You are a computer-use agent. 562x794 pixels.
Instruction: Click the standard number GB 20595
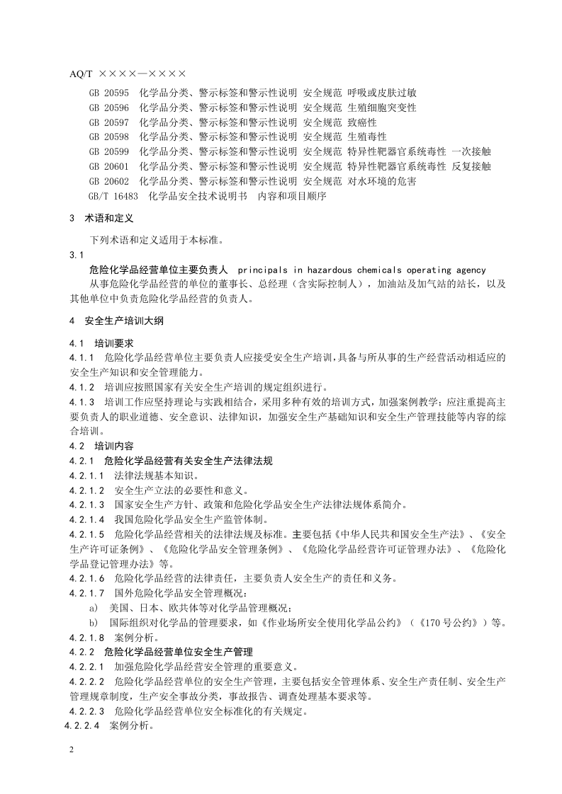click(108, 93)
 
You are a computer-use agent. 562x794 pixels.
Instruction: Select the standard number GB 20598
click(108, 137)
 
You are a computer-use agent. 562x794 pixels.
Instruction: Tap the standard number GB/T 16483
click(111, 196)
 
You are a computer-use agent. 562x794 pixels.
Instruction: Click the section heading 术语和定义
click(109, 219)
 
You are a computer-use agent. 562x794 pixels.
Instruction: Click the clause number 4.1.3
click(82, 401)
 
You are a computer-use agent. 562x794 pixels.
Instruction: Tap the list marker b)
click(93, 623)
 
